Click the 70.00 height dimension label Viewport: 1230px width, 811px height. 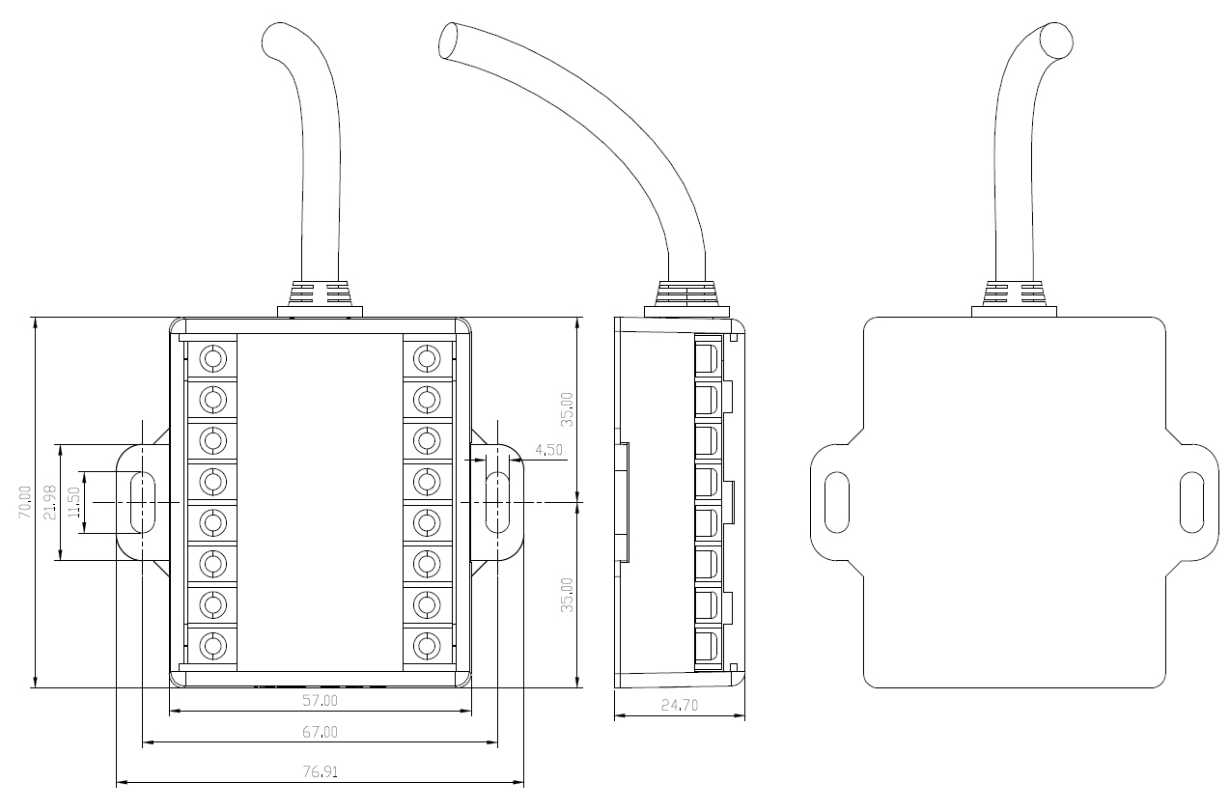click(x=25, y=502)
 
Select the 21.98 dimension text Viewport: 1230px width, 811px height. click(x=50, y=501)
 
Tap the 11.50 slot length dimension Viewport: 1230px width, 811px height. click(x=73, y=501)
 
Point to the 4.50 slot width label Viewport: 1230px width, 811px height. click(x=546, y=450)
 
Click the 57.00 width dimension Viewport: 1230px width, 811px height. click(x=321, y=700)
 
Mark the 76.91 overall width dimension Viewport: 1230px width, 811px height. click(x=321, y=771)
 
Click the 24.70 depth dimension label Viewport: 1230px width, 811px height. click(x=680, y=705)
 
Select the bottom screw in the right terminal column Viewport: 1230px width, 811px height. click(x=426, y=644)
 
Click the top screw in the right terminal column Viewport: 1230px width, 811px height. click(x=426, y=359)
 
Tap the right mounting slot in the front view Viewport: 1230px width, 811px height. click(x=499, y=502)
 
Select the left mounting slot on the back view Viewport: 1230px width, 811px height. click(x=836, y=502)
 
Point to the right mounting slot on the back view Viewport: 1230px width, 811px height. click(x=1193, y=502)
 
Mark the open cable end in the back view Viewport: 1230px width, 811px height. click(x=1057, y=40)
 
